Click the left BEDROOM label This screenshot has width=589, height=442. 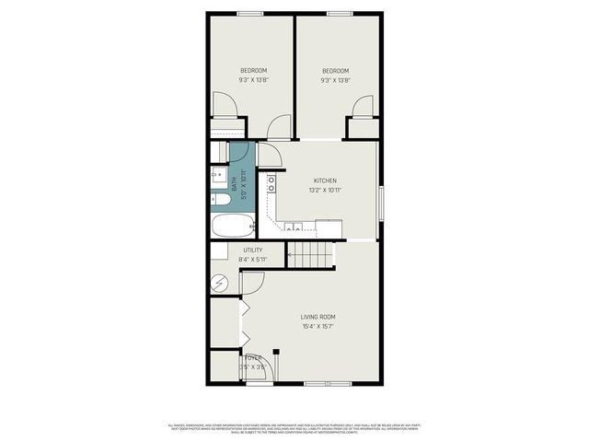click(253, 71)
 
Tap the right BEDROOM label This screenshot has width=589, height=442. click(335, 71)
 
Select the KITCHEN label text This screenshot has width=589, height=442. click(325, 180)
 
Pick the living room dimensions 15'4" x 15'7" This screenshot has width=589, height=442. click(316, 326)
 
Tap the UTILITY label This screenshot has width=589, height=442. click(252, 250)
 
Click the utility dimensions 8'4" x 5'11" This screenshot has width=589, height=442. click(252, 260)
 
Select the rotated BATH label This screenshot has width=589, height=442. click(235, 184)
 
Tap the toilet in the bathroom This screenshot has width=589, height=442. click(220, 198)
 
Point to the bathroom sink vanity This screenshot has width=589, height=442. click(218, 174)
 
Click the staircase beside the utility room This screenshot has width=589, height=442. click(310, 253)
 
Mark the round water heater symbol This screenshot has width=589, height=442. click(219, 284)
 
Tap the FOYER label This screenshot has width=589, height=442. click(252, 358)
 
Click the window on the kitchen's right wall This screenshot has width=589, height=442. click(380, 200)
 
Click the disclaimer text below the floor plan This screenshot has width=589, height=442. click(294, 427)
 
